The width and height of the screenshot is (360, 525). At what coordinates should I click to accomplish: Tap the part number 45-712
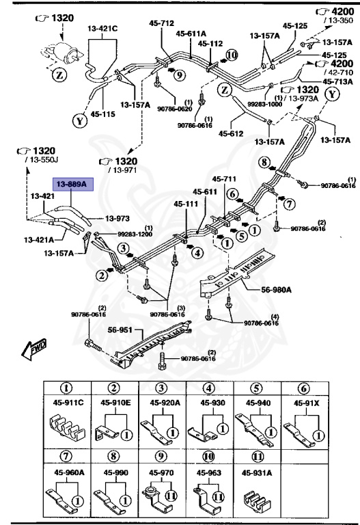click(162, 23)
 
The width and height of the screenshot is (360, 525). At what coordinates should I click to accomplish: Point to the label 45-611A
click(191, 33)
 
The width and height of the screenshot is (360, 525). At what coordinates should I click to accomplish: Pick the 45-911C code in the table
click(69, 403)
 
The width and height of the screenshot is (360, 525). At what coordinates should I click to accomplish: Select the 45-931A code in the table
click(259, 472)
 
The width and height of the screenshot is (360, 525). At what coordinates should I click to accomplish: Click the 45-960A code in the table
click(69, 472)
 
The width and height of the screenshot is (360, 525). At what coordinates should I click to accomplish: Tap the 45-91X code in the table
click(307, 403)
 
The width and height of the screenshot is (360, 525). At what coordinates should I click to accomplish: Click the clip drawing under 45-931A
click(259, 500)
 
